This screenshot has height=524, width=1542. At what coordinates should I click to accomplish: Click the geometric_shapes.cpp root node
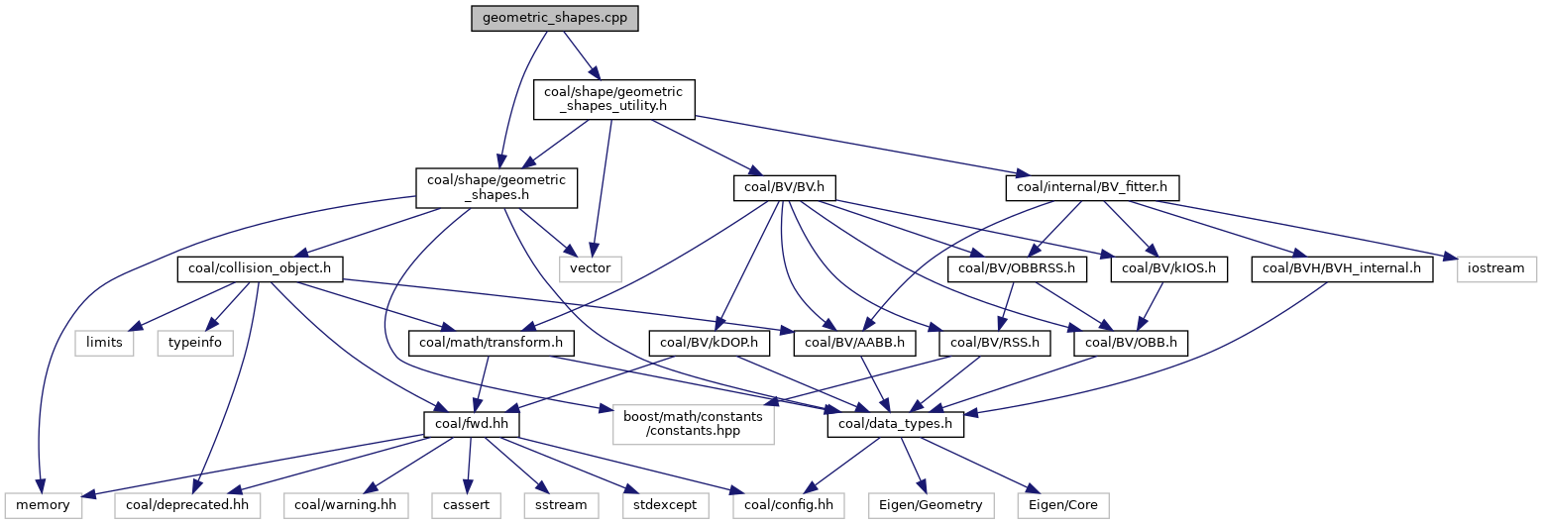555,18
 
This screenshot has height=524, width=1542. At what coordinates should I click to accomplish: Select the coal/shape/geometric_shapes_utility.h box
614,99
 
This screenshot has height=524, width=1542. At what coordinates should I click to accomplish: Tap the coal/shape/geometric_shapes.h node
496,187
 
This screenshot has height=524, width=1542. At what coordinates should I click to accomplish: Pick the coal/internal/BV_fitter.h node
1092,187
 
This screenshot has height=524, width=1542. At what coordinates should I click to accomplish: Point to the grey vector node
593,267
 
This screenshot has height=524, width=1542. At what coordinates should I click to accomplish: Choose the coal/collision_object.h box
260,267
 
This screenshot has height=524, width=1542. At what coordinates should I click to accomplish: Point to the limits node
105,344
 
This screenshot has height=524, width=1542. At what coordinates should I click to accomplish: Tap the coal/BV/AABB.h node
856,344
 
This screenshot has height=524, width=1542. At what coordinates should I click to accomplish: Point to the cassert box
468,505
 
